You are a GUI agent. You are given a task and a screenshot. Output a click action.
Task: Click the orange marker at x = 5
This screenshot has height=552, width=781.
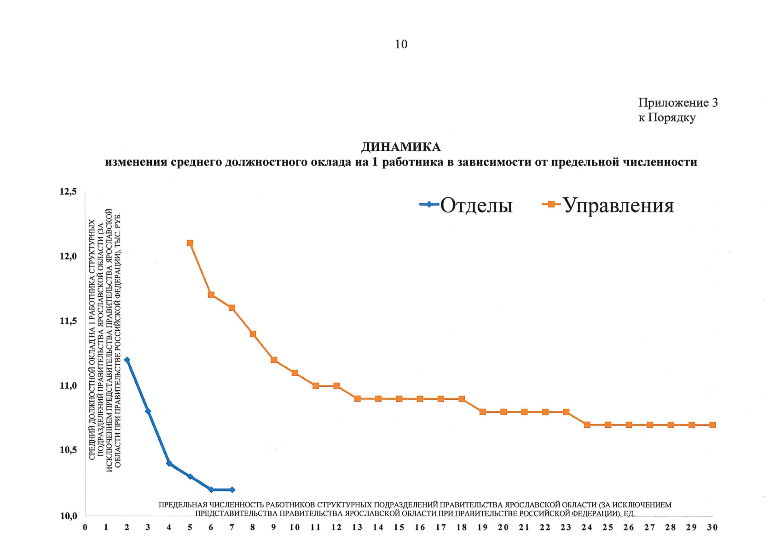(190, 243)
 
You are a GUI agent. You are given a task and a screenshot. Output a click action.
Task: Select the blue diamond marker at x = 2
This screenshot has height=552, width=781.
(127, 360)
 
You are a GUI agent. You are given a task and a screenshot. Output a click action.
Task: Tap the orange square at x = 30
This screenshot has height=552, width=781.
(712, 425)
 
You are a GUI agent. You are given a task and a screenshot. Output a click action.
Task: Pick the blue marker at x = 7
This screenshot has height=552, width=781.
(232, 489)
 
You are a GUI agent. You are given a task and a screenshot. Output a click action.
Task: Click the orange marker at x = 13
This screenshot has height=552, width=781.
(357, 398)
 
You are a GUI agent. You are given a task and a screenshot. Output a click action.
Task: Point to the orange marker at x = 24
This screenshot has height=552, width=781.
(587, 425)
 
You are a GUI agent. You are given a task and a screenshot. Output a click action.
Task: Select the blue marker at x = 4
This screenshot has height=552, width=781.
(169, 463)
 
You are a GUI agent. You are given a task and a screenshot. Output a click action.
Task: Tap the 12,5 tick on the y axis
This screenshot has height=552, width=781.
(68, 192)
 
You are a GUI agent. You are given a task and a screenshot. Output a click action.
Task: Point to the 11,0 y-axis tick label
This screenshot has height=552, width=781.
(68, 386)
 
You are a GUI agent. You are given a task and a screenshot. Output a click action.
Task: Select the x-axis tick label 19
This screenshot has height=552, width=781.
(482, 528)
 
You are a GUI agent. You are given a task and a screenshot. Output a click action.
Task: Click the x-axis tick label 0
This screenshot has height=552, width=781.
(85, 528)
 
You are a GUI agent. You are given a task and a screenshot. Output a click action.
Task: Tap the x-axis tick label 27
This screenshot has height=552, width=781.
(649, 528)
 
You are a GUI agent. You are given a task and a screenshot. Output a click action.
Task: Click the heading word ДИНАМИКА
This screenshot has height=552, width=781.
(401, 147)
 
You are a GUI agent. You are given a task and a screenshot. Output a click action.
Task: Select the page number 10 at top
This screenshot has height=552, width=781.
(401, 44)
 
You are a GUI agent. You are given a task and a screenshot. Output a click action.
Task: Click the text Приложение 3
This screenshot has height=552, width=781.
(677, 103)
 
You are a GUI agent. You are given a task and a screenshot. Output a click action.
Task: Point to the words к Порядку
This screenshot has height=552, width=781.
(666, 118)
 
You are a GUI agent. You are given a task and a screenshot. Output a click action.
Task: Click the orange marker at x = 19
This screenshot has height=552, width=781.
(482, 412)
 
